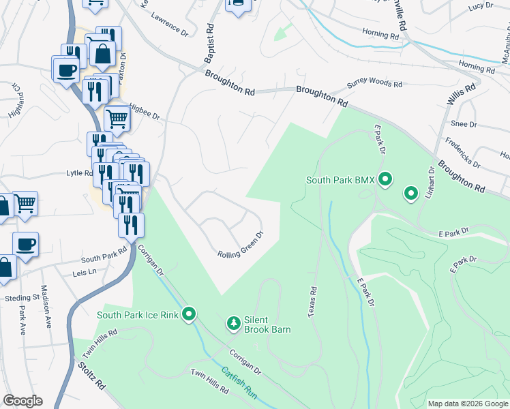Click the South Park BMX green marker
coord(385,180)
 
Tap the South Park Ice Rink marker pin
coord(190,314)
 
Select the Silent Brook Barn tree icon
coord(233,322)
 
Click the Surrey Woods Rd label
coord(374,83)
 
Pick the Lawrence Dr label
coord(169,27)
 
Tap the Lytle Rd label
coord(78,173)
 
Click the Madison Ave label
coord(46,306)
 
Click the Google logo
coord(22,401)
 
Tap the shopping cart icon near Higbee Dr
coord(117,119)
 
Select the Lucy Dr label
coord(480,7)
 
